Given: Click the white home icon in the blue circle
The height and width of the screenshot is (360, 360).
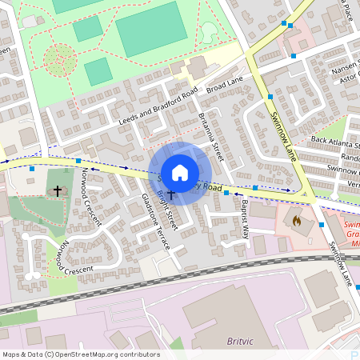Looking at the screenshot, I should (180, 172).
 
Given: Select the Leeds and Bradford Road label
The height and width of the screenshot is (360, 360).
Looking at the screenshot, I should (157, 107).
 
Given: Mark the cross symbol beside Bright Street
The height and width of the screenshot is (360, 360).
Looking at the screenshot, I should (170, 195).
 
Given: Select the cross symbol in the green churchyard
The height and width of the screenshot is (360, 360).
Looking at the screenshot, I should (57, 191).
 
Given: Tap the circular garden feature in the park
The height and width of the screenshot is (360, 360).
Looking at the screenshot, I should (60, 58).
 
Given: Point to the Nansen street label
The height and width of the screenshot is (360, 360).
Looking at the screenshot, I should (342, 70).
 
